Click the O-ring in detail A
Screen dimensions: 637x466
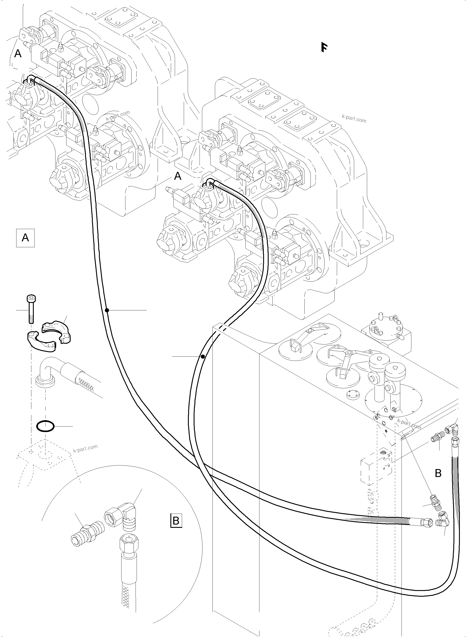(45, 426)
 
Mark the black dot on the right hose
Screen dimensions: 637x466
(203, 357)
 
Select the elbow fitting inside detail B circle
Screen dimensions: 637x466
(122, 516)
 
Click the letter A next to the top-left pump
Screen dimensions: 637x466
(18, 53)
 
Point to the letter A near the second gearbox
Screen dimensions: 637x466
(178, 176)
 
